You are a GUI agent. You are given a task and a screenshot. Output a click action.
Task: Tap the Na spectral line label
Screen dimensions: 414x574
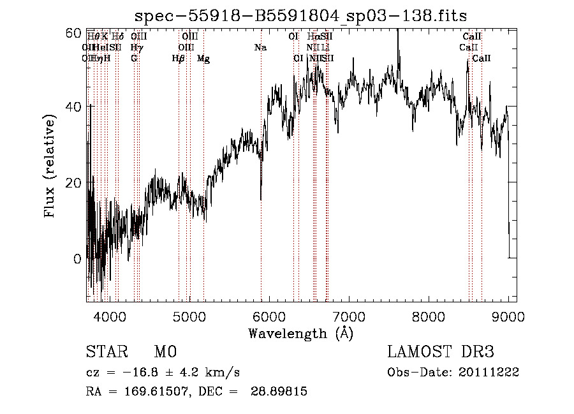260,48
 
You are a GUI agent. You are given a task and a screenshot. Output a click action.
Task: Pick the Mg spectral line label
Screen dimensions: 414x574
203,59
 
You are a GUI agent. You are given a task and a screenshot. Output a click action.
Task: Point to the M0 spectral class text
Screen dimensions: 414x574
165,352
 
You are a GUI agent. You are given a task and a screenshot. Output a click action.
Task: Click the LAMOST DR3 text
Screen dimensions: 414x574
441,352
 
